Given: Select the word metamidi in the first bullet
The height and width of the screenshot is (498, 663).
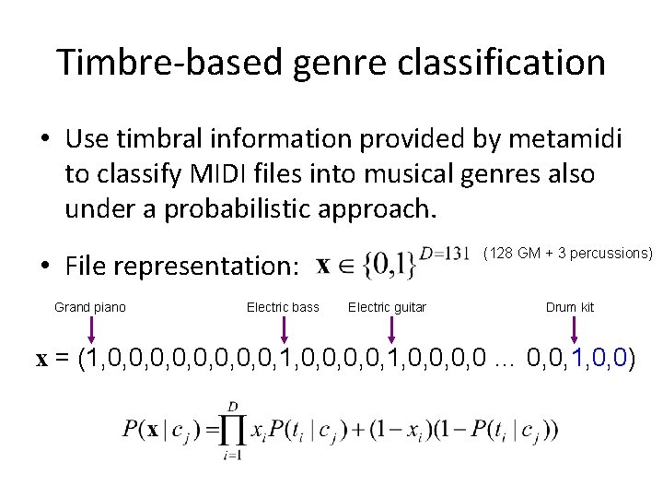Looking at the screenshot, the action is tap(564, 139).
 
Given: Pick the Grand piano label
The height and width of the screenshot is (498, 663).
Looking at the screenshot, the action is tap(90, 307).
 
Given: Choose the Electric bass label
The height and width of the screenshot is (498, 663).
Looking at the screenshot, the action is tap(283, 307).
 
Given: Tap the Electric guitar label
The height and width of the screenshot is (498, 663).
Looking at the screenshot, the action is tap(387, 307).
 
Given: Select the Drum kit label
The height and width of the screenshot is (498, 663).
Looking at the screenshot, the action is tap(570, 307).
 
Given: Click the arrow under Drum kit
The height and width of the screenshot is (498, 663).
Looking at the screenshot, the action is tap(575, 329).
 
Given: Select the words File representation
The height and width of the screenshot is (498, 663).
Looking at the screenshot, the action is tap(182, 267).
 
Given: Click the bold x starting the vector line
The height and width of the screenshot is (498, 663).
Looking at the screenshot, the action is tap(41, 360).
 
